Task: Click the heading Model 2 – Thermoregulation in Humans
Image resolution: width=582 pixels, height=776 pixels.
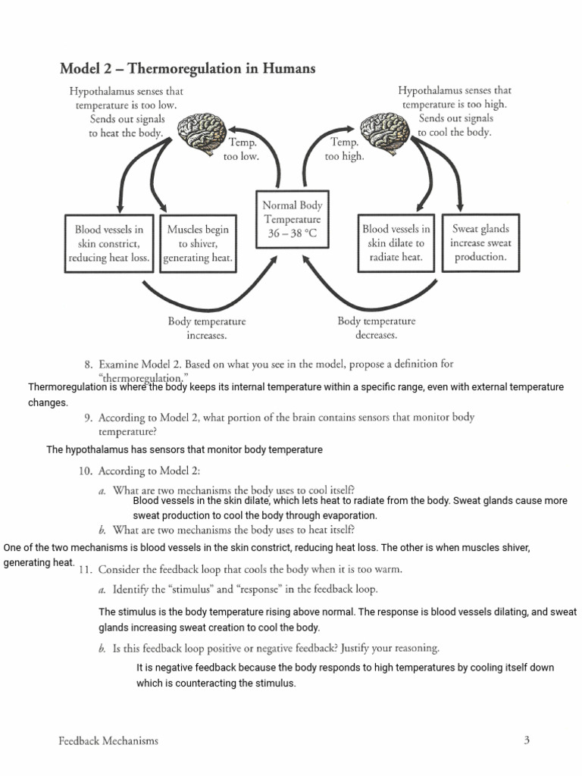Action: pos(187,69)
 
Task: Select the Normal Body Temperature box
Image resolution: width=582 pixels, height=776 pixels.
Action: pos(292,219)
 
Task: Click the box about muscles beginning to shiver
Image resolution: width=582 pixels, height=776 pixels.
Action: pos(197,243)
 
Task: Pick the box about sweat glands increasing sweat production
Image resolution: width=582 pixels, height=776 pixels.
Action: pos(480,242)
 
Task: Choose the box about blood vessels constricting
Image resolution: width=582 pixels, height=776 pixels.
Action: pos(109,243)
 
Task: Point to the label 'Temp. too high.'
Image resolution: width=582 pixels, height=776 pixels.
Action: pos(345,149)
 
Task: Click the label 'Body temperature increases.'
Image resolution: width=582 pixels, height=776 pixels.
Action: pos(207,328)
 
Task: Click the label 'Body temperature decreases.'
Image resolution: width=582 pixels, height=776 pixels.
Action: pos(376,328)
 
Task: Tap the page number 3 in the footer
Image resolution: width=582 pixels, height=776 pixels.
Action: pos(526,740)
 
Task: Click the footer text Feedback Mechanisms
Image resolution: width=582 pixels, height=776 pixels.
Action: pos(108,741)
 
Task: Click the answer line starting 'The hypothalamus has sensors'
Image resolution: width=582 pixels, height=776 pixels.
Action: pos(184,450)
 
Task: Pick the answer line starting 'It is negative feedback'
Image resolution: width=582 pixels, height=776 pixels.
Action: pos(345,668)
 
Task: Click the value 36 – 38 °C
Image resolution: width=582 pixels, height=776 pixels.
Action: pos(292,234)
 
